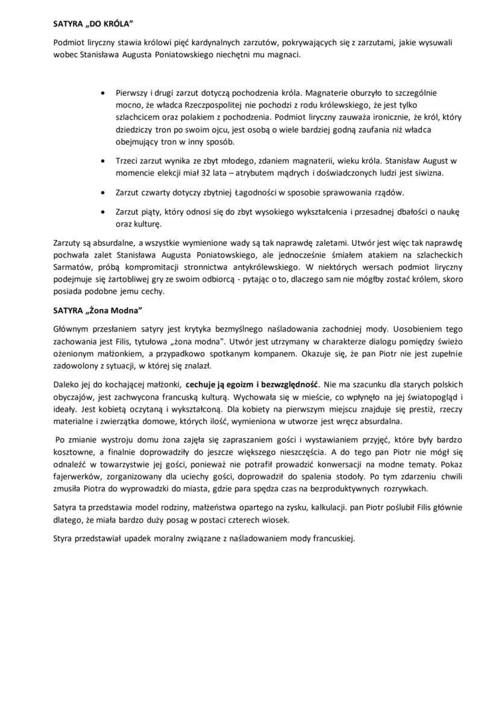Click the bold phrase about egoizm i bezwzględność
(x=254, y=384)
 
